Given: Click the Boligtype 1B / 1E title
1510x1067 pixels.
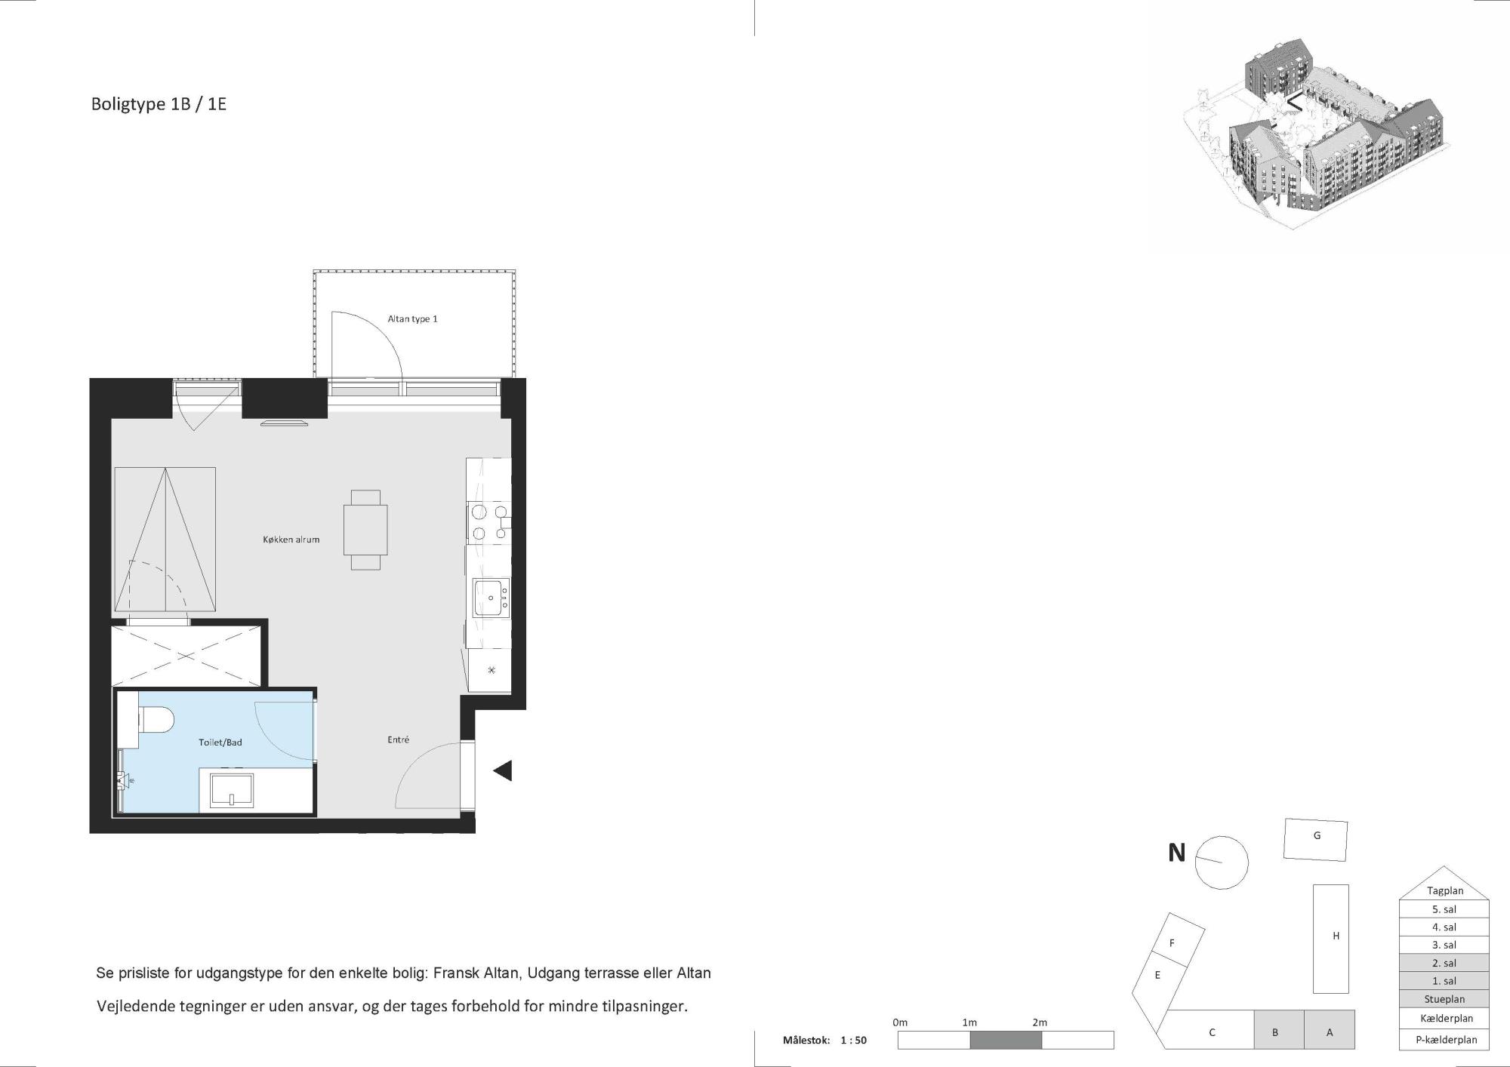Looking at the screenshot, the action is click(x=159, y=104).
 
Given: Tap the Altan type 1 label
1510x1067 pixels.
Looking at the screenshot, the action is click(x=412, y=319).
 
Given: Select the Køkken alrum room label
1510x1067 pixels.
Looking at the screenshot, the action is click(x=291, y=540).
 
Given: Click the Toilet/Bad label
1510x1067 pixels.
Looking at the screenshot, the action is click(x=220, y=743).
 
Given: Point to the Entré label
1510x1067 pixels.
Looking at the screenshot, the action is click(x=398, y=740).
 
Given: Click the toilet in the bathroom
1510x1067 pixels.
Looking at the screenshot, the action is click(x=155, y=720).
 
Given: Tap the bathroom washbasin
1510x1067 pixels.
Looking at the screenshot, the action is click(x=231, y=790).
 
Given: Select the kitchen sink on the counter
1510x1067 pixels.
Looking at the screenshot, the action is click(x=491, y=598).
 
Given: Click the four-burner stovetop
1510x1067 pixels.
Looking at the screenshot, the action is click(x=488, y=523).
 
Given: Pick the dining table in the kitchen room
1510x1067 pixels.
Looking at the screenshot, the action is click(x=365, y=530).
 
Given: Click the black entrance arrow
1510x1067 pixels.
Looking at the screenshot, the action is click(x=503, y=770).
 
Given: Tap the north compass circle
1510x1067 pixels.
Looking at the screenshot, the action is click(x=1222, y=863).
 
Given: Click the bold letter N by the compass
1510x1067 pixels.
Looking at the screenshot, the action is click(x=1176, y=853).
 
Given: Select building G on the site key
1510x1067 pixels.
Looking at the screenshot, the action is click(x=1316, y=840).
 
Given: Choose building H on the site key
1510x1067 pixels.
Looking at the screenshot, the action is click(x=1330, y=939).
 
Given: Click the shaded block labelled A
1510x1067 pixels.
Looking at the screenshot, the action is click(x=1330, y=1030).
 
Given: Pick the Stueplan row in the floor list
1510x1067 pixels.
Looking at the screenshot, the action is click(x=1444, y=999).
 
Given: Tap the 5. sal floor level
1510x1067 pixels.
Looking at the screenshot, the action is click(x=1444, y=909).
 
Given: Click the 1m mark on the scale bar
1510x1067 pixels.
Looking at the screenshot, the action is click(x=969, y=1022).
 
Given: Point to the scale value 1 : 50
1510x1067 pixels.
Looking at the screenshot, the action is click(x=853, y=1040).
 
